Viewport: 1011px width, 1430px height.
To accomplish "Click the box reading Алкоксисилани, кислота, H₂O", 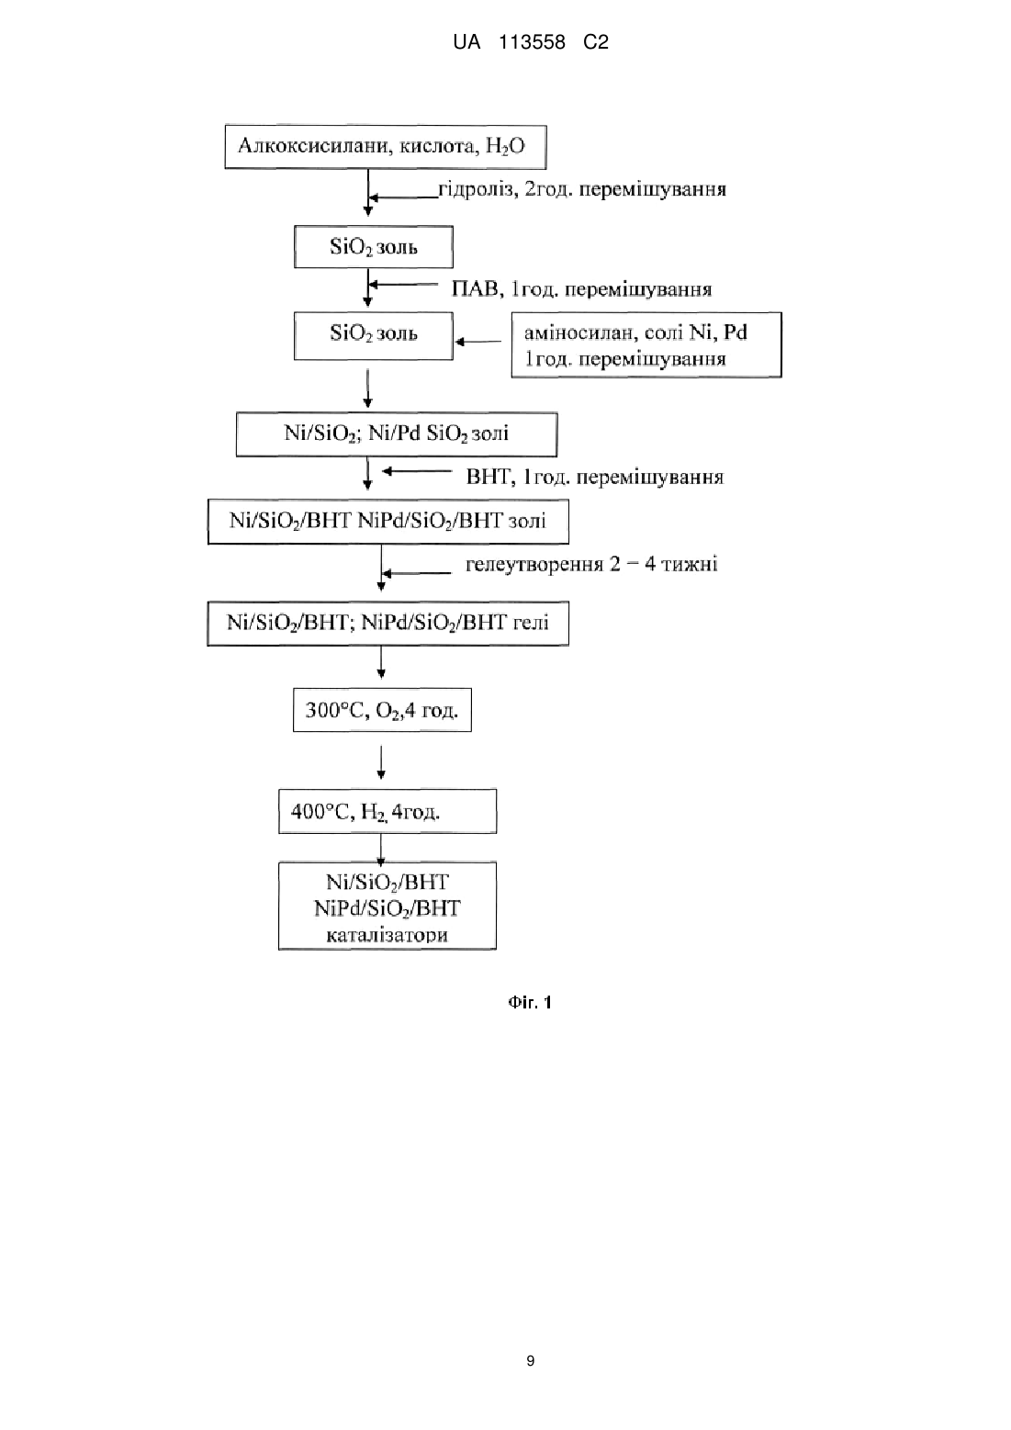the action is [x=386, y=147].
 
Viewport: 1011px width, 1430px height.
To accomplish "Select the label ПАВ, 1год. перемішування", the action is [x=581, y=289].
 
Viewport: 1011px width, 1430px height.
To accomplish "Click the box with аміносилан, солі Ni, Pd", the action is [x=646, y=344].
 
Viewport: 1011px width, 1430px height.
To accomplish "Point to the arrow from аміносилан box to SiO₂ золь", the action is [x=478, y=342].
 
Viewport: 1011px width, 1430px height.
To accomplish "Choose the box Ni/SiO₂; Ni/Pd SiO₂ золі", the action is [x=397, y=434].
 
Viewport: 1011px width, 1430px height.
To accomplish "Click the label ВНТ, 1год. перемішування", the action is [x=595, y=477].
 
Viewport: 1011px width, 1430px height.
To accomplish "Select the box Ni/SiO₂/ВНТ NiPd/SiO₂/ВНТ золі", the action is [x=388, y=522].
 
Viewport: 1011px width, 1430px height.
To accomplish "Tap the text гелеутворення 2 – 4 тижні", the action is [x=591, y=564].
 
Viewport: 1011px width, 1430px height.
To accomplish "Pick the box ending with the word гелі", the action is [x=388, y=623].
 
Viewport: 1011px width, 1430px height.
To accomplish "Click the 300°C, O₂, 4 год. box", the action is [x=382, y=710].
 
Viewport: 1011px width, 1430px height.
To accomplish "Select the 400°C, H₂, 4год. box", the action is [x=388, y=811].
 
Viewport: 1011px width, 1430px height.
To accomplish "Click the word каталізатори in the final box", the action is [x=387, y=935].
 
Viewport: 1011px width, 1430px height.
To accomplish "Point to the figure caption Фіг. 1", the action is [x=530, y=1002].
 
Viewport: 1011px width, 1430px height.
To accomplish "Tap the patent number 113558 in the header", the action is [x=532, y=42].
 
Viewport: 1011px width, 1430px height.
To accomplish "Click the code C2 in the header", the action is [x=596, y=42].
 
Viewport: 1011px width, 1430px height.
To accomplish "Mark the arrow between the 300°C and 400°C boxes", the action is [x=381, y=762].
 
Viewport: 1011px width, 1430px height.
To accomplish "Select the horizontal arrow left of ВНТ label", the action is [x=417, y=472].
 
